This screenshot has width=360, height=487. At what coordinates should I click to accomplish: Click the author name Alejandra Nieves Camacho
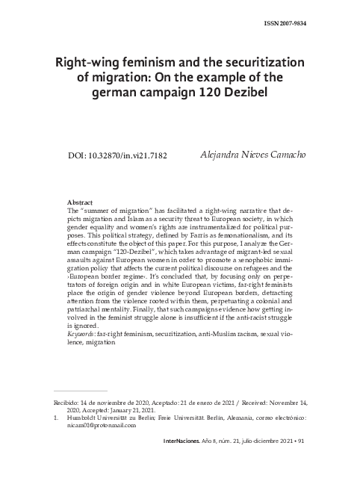[x=253, y=155]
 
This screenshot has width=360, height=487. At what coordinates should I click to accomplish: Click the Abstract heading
[x=80, y=202]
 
